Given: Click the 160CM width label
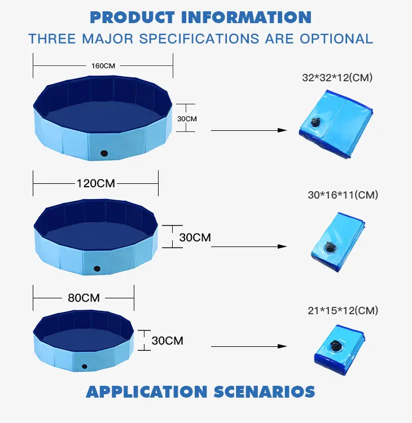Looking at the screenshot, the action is [x=103, y=66].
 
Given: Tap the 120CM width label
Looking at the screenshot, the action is [x=95, y=183].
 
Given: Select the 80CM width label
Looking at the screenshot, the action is [x=84, y=298].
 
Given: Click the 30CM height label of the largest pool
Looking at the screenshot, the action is [x=187, y=118].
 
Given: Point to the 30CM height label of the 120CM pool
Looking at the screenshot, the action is [x=195, y=237].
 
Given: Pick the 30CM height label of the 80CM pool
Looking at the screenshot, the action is [x=168, y=341].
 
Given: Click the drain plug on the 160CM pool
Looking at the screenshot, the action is [x=103, y=153].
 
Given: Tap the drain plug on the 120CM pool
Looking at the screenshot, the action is [x=97, y=268].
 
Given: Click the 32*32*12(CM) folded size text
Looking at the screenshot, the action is [x=337, y=78].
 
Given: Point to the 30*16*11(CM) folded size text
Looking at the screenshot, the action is [x=343, y=195].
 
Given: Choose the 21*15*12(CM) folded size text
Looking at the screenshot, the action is [x=343, y=311].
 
